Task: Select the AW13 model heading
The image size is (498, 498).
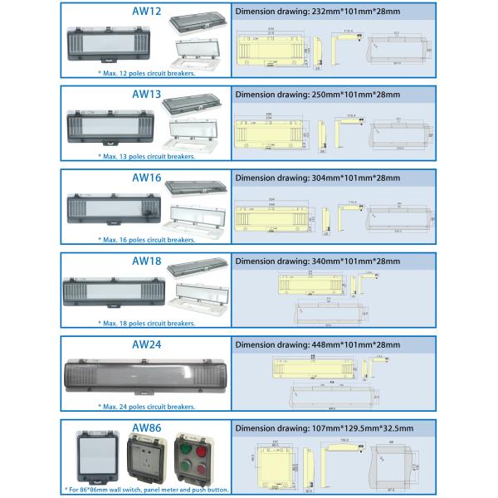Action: click(146, 94)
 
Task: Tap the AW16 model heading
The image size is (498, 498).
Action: click(146, 177)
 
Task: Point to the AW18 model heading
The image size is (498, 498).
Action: click(146, 260)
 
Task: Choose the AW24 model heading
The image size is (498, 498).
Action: click(146, 344)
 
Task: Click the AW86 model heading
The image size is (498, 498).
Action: click(146, 427)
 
